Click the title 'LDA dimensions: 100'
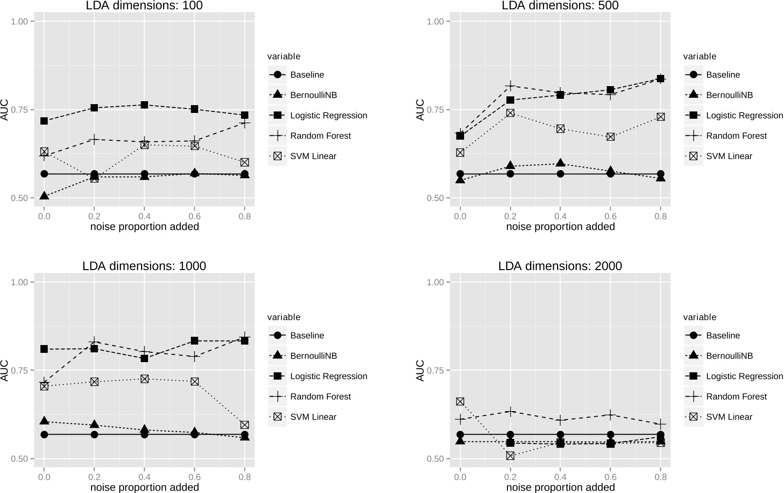coord(144,6)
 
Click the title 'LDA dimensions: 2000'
coord(560,266)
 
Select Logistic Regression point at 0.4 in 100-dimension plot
coord(144,105)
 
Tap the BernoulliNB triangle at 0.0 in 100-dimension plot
coord(44,196)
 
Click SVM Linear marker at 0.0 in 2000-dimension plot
coord(460,402)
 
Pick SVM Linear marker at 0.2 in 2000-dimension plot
coord(510,456)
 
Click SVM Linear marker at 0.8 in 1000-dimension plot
coord(244,425)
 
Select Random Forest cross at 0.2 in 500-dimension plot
coord(510,86)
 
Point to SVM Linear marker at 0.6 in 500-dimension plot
coord(610,137)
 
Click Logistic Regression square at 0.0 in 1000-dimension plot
coord(44,349)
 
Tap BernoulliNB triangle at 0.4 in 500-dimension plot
coord(560,164)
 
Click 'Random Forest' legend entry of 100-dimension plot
coord(320,136)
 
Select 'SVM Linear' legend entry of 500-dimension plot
coord(728,156)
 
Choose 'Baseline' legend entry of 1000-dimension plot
coord(307,335)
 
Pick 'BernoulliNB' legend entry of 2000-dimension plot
coord(729,356)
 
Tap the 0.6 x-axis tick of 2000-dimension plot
coord(610,477)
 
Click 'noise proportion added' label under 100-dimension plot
coord(144,227)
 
